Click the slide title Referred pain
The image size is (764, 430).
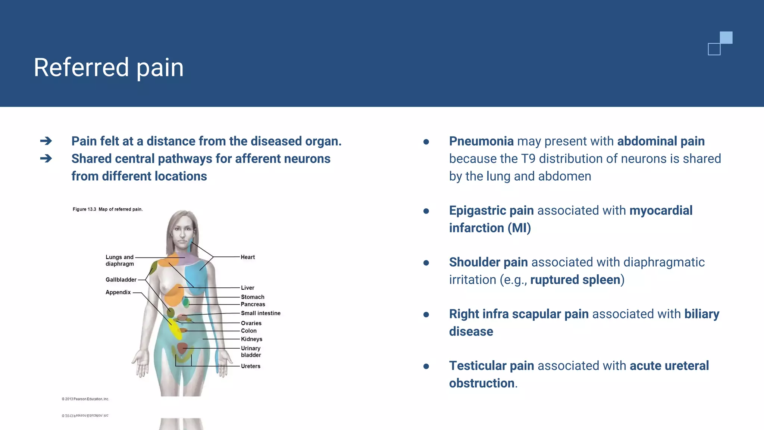[x=109, y=68]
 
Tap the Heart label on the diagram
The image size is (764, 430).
[x=248, y=257]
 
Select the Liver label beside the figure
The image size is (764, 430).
[x=247, y=288]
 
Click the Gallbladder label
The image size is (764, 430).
[x=121, y=280]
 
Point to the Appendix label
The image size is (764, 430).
[x=118, y=292]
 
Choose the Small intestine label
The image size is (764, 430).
[x=260, y=313]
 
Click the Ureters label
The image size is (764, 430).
[x=250, y=366]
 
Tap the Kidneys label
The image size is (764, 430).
[x=251, y=339]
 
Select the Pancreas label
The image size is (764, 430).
[x=253, y=304]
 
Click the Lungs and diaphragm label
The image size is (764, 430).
[x=119, y=261]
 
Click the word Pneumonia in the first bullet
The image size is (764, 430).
[x=481, y=141]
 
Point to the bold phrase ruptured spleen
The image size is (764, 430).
[x=575, y=280]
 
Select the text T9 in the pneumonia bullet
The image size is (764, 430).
[x=528, y=159]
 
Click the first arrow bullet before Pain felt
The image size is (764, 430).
[x=46, y=141]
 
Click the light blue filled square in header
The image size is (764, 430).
[x=726, y=38]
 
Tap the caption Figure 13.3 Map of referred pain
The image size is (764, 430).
[x=107, y=209]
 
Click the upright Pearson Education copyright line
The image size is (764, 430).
[x=85, y=399]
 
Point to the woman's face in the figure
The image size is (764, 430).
[x=182, y=233]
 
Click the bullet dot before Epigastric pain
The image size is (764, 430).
[x=426, y=211]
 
